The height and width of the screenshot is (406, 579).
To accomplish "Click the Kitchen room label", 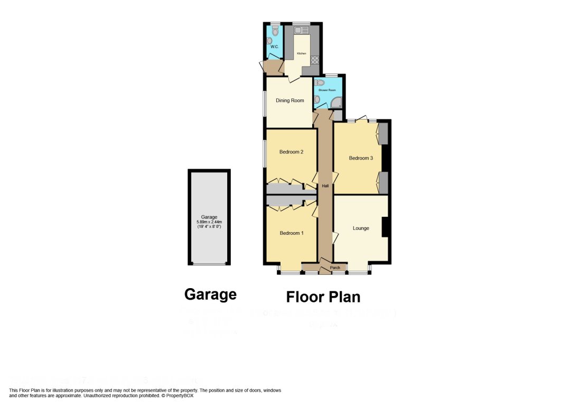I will (301, 53).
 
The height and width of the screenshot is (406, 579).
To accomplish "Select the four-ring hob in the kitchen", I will (314, 60).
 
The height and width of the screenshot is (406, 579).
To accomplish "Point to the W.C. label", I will (274, 47).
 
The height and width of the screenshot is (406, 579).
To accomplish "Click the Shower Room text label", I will (327, 90).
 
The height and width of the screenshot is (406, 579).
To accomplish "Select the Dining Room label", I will (290, 100).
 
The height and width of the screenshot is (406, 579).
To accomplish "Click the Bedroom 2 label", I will (291, 152).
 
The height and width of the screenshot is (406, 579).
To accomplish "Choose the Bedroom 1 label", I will (291, 233).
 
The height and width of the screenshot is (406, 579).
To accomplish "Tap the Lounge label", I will (361, 228).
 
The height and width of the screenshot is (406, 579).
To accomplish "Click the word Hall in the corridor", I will (325, 186).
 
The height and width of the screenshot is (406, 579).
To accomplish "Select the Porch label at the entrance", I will (335, 268).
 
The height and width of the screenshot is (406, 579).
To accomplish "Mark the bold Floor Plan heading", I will (323, 297).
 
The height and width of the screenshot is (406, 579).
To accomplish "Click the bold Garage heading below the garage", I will (210, 294).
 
